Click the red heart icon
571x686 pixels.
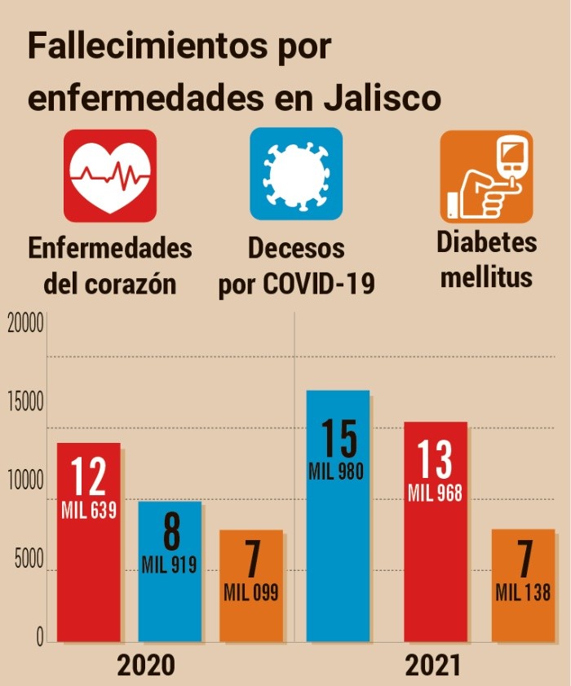109,175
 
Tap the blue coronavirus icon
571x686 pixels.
296,174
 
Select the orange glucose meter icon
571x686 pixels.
486,175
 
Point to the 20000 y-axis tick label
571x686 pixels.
24,325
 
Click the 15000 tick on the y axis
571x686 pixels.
24,404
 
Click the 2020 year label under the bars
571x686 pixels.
146,665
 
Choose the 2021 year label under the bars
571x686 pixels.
433,665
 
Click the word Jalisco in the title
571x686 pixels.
383,98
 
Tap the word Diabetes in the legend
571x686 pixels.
487,242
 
